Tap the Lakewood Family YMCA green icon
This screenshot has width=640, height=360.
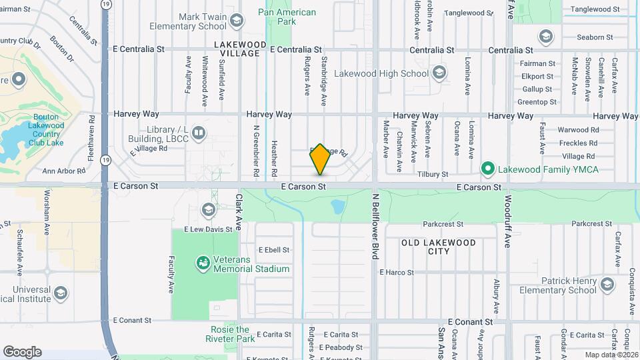pos(487,169)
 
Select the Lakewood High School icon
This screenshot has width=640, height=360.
pos(439,73)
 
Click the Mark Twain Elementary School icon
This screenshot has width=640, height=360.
pos(236,21)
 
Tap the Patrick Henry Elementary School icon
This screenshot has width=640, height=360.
pos(607,285)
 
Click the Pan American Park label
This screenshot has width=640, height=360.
pos(287,17)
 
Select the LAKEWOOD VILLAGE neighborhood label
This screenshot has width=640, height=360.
pos(240,49)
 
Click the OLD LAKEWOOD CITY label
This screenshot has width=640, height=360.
pos(439,247)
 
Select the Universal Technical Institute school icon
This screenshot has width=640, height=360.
pos(61,293)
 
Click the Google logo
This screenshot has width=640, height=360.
pos(22,351)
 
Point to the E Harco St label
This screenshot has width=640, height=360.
pos(396,272)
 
